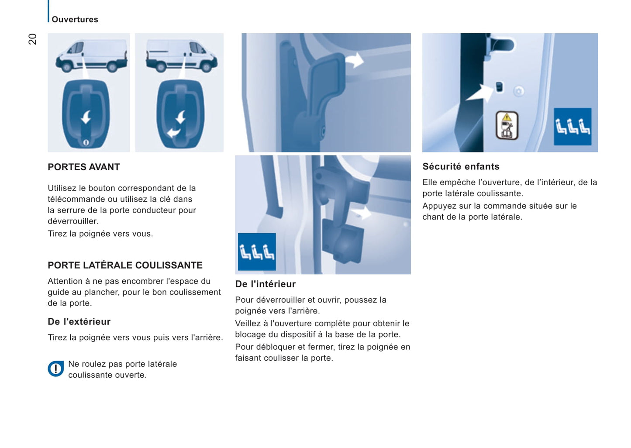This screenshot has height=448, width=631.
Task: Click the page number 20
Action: coord(32,39)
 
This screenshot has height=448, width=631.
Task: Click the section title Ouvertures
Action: coord(75,19)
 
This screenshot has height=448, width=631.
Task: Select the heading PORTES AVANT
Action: coord(83,167)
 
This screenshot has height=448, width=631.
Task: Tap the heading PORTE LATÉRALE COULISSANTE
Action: coord(125,265)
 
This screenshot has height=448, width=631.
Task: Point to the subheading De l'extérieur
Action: coord(79,321)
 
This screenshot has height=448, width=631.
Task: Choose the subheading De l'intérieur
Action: coord(265,284)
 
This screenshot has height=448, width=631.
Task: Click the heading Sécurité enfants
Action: coord(461,166)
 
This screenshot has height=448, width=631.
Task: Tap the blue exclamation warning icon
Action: coord(55,369)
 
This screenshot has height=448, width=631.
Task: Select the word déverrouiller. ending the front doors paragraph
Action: coord(73,221)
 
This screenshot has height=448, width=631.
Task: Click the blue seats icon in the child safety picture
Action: coord(572,126)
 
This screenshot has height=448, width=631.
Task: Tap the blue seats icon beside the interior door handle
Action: coord(257,252)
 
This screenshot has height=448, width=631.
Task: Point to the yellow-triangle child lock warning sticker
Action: coord(507,125)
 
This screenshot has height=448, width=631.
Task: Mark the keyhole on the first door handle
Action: coord(86,142)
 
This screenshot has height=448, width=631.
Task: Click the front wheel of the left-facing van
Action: coord(67,67)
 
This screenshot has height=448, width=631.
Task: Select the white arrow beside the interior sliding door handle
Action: coord(362,214)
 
